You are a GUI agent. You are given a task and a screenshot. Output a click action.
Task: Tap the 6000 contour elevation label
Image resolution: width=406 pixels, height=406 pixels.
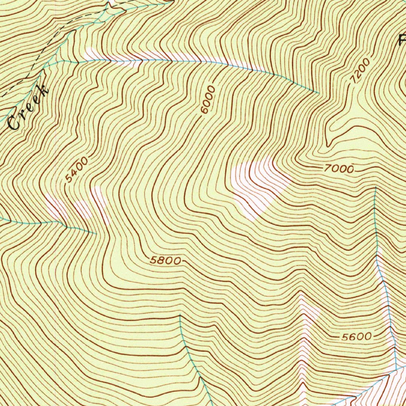208,100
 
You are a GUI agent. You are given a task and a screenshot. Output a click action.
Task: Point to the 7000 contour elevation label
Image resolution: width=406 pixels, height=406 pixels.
338,169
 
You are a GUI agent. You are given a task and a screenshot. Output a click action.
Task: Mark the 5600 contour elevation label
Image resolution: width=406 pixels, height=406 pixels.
356,337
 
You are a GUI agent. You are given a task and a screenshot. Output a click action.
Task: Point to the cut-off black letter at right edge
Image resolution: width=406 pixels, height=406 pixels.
402,40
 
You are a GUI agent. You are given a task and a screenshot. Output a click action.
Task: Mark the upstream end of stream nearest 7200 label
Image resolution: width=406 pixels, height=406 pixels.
319,93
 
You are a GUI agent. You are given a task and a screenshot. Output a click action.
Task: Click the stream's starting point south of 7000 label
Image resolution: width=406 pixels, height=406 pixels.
375,187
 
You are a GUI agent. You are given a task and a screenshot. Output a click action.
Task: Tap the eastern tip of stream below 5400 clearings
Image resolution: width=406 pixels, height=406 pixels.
96,234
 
